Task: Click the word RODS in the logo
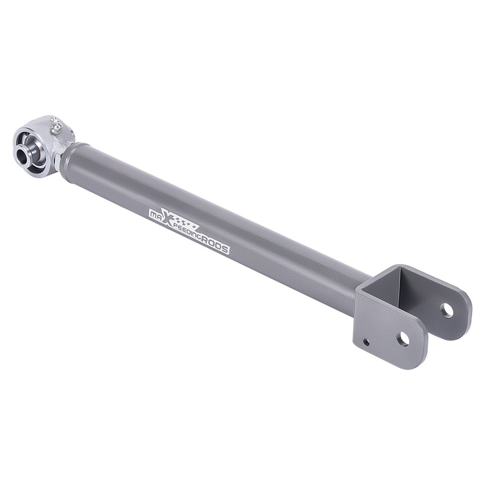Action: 215,245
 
